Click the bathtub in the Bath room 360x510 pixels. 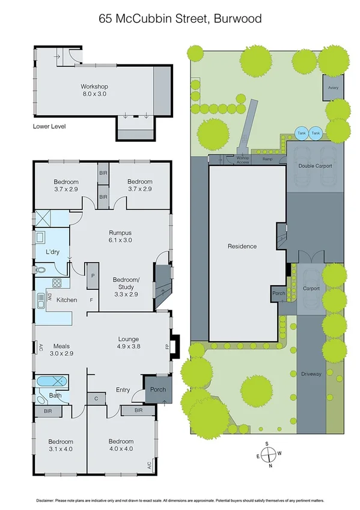[52, 381]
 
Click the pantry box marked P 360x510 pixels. [93, 276]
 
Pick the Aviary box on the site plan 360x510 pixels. [333, 88]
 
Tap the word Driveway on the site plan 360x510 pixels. [311, 374]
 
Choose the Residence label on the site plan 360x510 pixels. [242, 246]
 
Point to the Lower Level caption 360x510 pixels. [49, 127]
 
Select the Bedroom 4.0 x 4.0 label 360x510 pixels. [121, 445]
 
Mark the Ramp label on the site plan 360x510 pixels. [267, 159]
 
